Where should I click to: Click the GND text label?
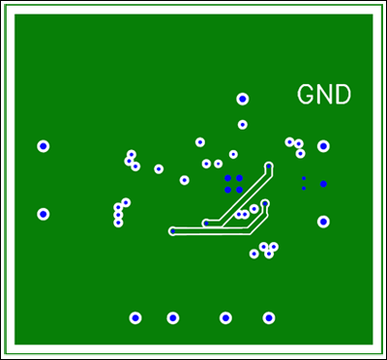pos(323,95)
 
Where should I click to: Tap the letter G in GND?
pos(306,95)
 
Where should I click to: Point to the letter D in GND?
pos(342,95)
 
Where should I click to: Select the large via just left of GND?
pos(243,99)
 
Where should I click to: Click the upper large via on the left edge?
pos(44,146)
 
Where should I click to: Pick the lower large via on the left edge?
pos(44,214)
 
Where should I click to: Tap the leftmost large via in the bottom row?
pos(135,317)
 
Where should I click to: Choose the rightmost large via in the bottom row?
pos(269,317)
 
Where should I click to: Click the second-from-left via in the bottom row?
pos(173,317)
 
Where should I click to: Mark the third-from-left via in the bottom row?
pos(225,317)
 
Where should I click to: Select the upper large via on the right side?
pos(323,146)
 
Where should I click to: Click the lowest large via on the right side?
pos(323,222)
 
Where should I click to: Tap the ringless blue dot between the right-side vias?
pos(323,184)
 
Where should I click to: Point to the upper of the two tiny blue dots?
pos(304,178)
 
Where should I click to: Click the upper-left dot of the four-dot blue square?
pos(228,178)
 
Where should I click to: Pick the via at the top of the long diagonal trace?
pos(269,166)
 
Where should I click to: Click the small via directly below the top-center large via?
pos(243,125)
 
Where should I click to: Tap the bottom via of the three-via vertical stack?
pos(118,223)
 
